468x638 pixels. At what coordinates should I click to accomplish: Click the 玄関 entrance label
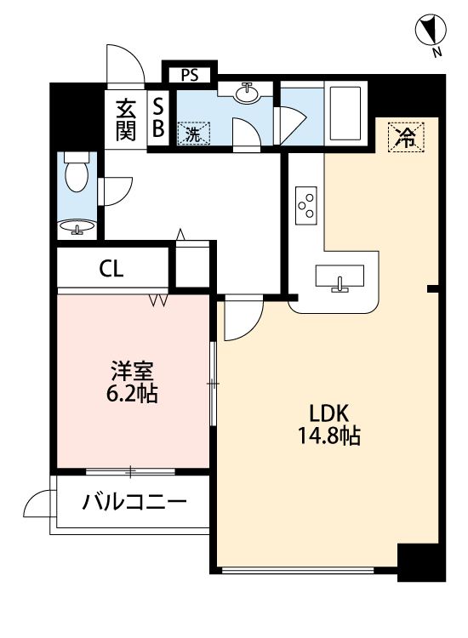pos(126,120)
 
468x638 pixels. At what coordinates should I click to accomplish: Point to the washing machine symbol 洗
pos(193,133)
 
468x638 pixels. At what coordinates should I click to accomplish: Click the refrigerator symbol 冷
pos(408,137)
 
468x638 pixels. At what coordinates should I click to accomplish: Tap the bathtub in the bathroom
pos(346,114)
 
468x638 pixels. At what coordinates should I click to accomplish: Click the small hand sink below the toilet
pos(77,227)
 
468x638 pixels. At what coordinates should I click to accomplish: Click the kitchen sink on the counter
pos(341,277)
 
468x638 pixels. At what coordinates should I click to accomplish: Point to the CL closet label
pos(111,270)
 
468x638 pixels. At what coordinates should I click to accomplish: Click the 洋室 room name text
pos(133,371)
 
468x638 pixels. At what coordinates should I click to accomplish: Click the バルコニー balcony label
pos(134,502)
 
